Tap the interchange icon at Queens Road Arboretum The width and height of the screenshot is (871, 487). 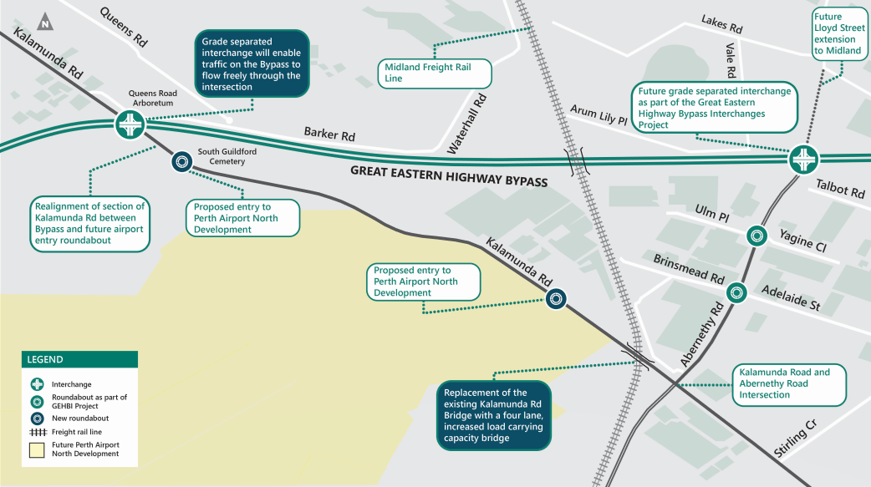(130, 125)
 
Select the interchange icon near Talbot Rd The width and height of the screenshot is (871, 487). (804, 158)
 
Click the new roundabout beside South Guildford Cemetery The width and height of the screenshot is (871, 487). (181, 162)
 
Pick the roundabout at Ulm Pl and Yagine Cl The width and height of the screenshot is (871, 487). (756, 236)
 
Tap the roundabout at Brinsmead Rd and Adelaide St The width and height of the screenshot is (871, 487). (736, 292)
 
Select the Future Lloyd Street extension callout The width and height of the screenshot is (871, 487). (838, 33)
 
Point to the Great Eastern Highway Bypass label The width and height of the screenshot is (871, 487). (448, 175)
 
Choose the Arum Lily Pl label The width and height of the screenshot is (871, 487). (598, 114)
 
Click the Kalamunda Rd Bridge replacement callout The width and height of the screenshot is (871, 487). (494, 415)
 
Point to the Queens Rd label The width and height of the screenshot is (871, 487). (124, 26)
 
